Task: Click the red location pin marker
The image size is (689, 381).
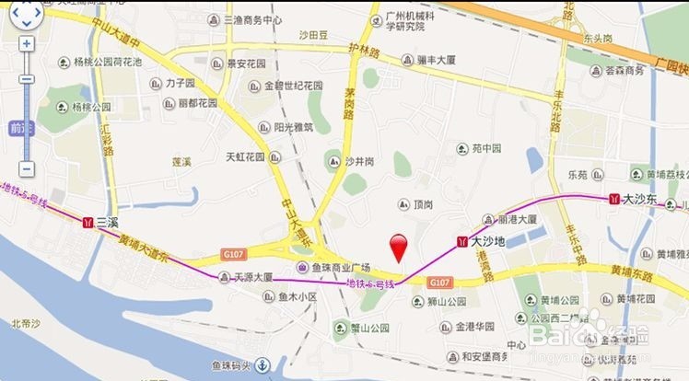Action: coord(399,247)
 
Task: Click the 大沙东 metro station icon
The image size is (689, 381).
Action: coord(613,198)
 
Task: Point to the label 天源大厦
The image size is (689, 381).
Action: coord(251,276)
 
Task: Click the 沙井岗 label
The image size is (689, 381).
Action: coord(360,162)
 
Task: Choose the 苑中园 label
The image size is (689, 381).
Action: coord(485,147)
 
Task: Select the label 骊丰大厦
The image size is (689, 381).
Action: coord(441,60)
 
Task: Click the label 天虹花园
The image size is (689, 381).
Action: coord(245,157)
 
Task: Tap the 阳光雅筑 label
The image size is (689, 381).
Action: coord(294,127)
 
